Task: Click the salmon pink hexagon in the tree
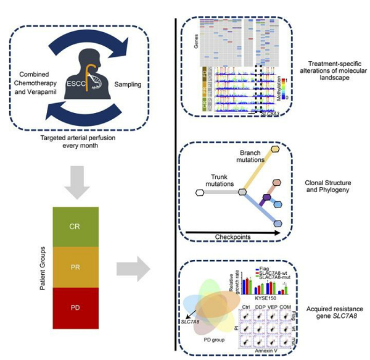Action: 277,183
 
